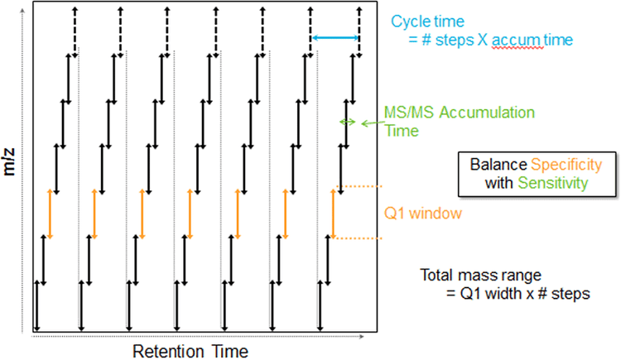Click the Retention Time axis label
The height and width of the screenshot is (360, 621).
(190, 350)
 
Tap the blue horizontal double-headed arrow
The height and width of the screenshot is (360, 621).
(335, 37)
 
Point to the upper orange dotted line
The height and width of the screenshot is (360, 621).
(364, 186)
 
